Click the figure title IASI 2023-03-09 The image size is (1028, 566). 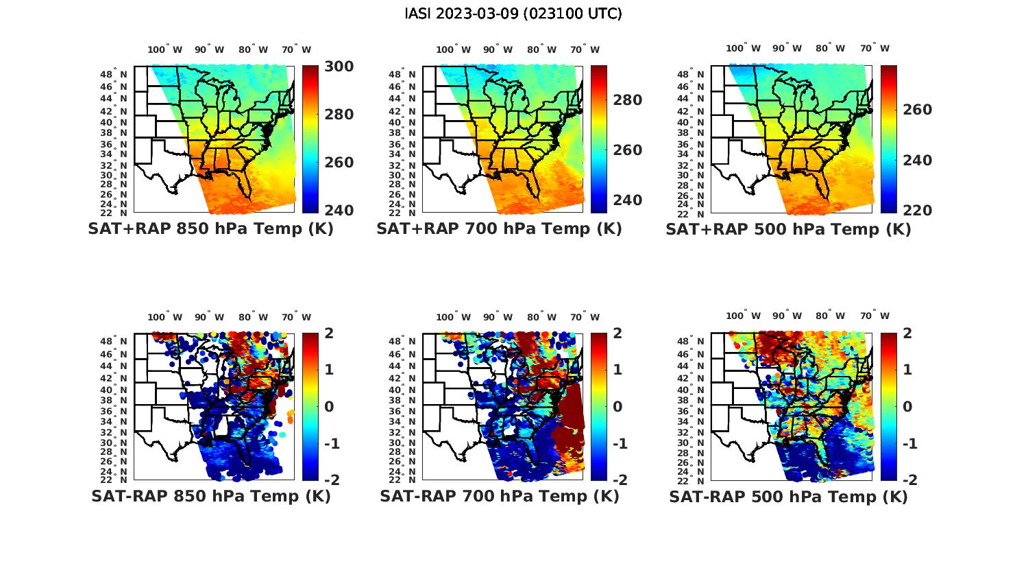point(513,14)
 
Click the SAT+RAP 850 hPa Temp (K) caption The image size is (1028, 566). point(210,229)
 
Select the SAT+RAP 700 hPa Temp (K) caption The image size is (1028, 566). point(499,229)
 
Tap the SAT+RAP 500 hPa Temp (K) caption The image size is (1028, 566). point(788,229)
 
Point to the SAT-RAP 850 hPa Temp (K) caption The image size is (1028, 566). point(210,496)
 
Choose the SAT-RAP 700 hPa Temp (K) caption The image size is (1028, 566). point(499,496)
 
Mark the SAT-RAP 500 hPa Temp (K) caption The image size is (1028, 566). point(788,496)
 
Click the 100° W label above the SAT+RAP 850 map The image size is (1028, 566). point(165,49)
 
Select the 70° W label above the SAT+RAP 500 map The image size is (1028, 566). point(874,48)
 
